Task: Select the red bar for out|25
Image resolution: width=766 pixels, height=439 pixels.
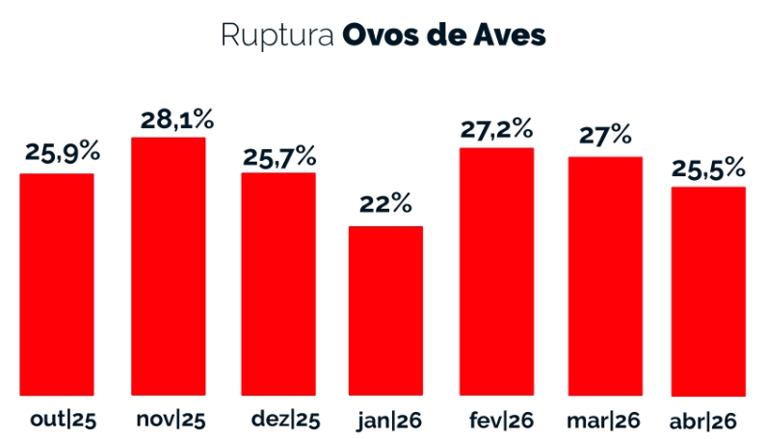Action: pyautogui.click(x=57, y=284)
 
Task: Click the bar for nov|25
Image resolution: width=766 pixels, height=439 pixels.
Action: pyautogui.click(x=168, y=266)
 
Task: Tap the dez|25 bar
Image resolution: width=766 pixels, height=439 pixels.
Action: pyautogui.click(x=278, y=284)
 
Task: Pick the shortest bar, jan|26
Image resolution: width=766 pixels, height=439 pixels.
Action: pyautogui.click(x=385, y=311)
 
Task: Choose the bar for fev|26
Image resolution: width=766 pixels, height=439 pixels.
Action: pyautogui.click(x=496, y=271)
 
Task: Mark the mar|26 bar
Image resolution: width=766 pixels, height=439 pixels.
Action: pyautogui.click(x=605, y=276)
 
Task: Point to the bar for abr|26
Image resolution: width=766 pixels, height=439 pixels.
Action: pyautogui.click(x=708, y=292)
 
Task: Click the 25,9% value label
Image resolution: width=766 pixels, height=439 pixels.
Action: pyautogui.click(x=63, y=152)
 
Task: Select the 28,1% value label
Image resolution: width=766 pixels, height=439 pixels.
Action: pyautogui.click(x=177, y=119)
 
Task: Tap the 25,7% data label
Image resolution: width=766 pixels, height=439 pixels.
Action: pyautogui.click(x=279, y=157)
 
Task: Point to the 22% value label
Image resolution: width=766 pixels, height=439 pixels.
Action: pyautogui.click(x=386, y=204)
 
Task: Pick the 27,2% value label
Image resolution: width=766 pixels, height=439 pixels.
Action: pyautogui.click(x=496, y=129)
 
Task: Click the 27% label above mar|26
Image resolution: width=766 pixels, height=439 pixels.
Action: pyautogui.click(x=605, y=135)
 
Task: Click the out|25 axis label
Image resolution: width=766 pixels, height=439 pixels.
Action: pyautogui.click(x=63, y=420)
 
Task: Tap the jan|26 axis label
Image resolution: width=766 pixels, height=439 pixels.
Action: pyautogui.click(x=389, y=421)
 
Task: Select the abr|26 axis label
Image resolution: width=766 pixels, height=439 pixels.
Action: pyautogui.click(x=703, y=421)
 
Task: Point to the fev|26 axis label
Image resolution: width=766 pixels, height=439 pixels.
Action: pyautogui.click(x=501, y=420)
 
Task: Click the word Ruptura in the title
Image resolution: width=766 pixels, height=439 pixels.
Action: pyautogui.click(x=277, y=36)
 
